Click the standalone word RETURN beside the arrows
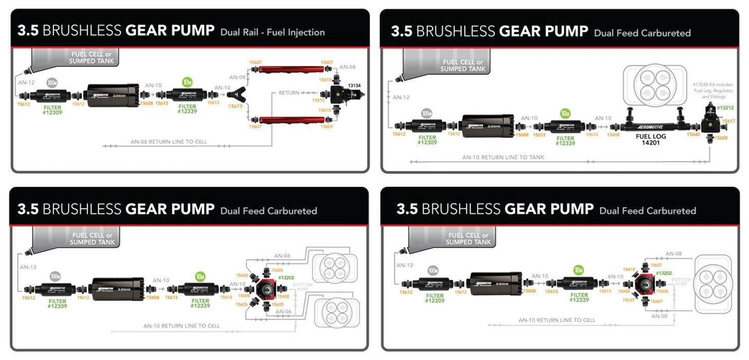[x=289, y=93]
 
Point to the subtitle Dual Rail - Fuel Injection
[x=272, y=32]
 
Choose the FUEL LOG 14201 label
[x=647, y=140]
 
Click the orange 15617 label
[x=728, y=121]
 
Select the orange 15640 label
[x=693, y=134]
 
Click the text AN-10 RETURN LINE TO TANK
[x=503, y=157]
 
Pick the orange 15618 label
[x=629, y=269]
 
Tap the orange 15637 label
[x=629, y=299]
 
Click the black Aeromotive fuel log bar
[x=647, y=127]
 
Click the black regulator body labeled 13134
[x=339, y=95]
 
